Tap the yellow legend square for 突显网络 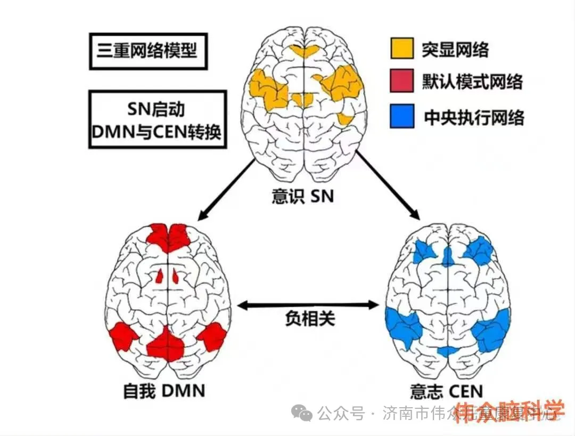(402, 50)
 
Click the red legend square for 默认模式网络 (402, 83)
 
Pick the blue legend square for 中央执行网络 (402, 117)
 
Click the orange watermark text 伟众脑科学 (509, 410)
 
